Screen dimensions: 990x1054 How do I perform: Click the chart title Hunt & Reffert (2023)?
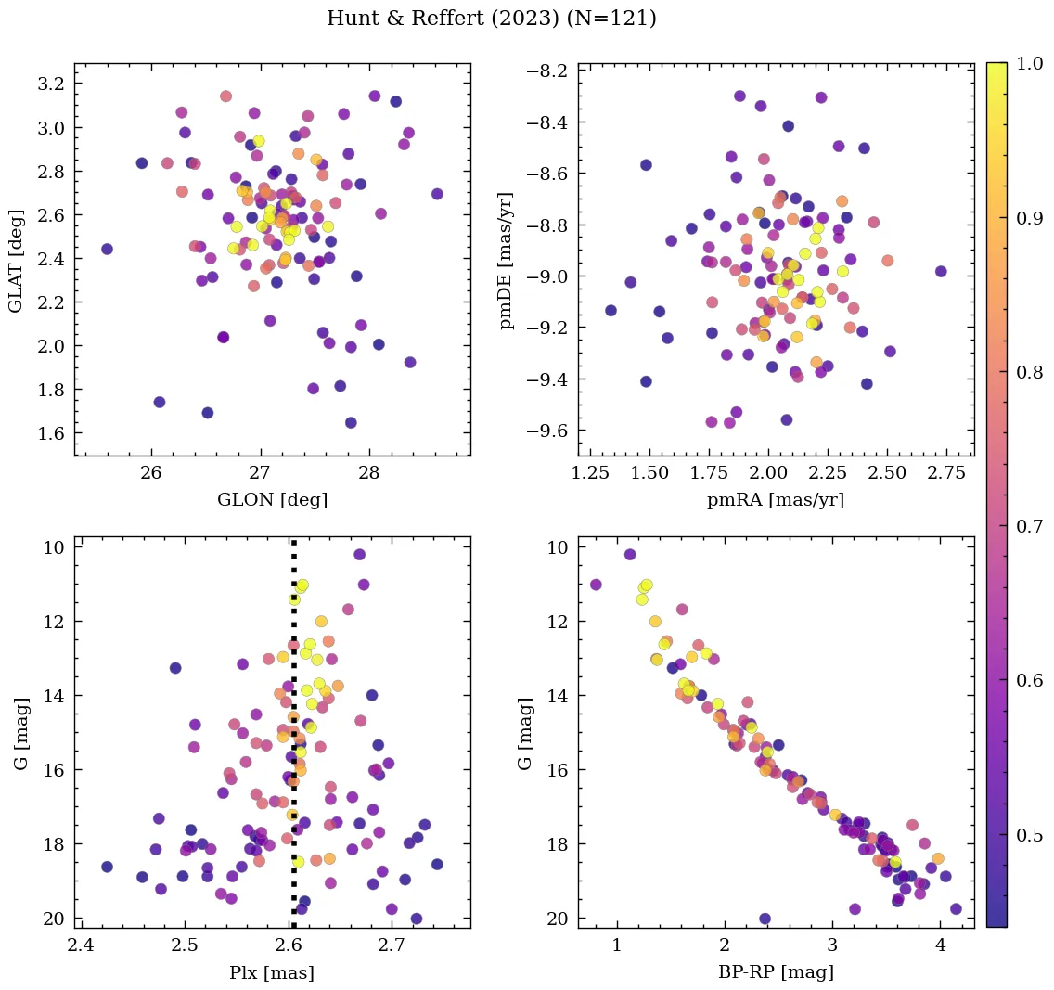point(491,19)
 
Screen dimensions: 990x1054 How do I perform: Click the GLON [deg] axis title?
point(272,500)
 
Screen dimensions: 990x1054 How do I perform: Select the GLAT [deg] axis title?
point(17,259)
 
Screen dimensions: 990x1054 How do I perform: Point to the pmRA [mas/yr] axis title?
point(776,500)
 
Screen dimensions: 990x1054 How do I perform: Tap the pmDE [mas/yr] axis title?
point(507,259)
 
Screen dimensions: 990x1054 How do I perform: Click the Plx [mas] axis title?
point(272,972)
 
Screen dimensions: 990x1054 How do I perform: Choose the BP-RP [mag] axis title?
point(776,972)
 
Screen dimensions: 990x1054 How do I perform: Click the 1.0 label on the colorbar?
point(1027,63)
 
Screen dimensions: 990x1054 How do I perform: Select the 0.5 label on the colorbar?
point(1027,835)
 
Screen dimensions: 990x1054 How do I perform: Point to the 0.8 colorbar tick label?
point(1027,372)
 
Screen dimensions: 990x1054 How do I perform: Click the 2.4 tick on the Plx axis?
point(82,947)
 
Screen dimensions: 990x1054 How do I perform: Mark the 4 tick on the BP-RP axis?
point(940,947)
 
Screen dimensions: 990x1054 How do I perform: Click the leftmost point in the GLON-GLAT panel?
point(107,249)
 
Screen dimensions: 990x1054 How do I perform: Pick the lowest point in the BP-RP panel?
point(765,919)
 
